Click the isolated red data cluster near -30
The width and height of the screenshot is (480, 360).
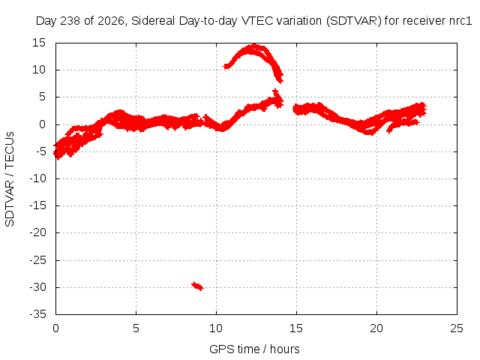(197, 286)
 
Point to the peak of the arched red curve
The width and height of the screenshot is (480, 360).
(254, 45)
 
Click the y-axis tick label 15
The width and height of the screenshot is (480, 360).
(39, 43)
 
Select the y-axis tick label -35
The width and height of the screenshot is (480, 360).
(37, 314)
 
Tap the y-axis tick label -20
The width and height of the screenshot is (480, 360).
(37, 232)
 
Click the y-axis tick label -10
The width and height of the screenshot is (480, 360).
(37, 178)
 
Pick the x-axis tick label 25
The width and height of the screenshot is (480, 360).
(457, 328)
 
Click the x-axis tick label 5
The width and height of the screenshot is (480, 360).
(136, 328)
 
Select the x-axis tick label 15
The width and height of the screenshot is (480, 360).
(296, 328)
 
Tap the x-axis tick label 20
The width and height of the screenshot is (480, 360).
(376, 328)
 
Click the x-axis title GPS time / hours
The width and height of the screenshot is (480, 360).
(254, 349)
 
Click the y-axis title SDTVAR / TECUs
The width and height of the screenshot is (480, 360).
(10, 179)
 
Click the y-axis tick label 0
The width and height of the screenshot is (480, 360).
(42, 124)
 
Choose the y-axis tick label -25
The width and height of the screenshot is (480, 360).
(37, 260)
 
